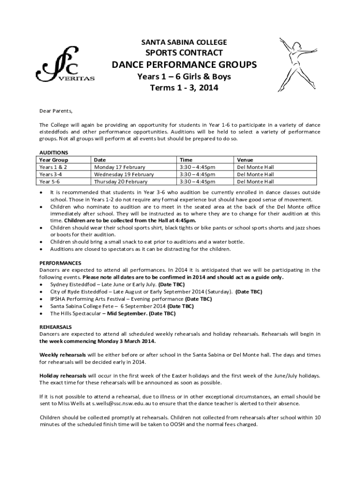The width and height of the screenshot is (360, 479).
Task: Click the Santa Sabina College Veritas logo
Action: click(65, 66)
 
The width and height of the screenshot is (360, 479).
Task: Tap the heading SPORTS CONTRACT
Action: click(184, 53)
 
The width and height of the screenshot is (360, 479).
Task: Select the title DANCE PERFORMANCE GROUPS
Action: click(184, 65)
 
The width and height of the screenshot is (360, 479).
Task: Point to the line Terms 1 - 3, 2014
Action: click(184, 87)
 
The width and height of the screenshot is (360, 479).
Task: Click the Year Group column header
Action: click(54, 160)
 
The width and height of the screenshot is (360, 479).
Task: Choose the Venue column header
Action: click(245, 160)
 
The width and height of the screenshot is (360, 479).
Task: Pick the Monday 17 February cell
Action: click(120, 167)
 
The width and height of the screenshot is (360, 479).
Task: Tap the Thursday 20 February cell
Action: click(121, 182)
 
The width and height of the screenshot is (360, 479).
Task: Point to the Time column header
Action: click(186, 160)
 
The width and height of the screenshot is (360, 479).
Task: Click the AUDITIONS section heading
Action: click(54, 152)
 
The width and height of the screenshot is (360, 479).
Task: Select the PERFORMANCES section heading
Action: click(60, 263)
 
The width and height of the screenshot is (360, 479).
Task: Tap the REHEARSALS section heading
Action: click(56, 327)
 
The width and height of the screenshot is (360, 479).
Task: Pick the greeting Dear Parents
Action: click(56, 111)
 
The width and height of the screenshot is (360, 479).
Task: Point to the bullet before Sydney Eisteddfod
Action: click(42, 284)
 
